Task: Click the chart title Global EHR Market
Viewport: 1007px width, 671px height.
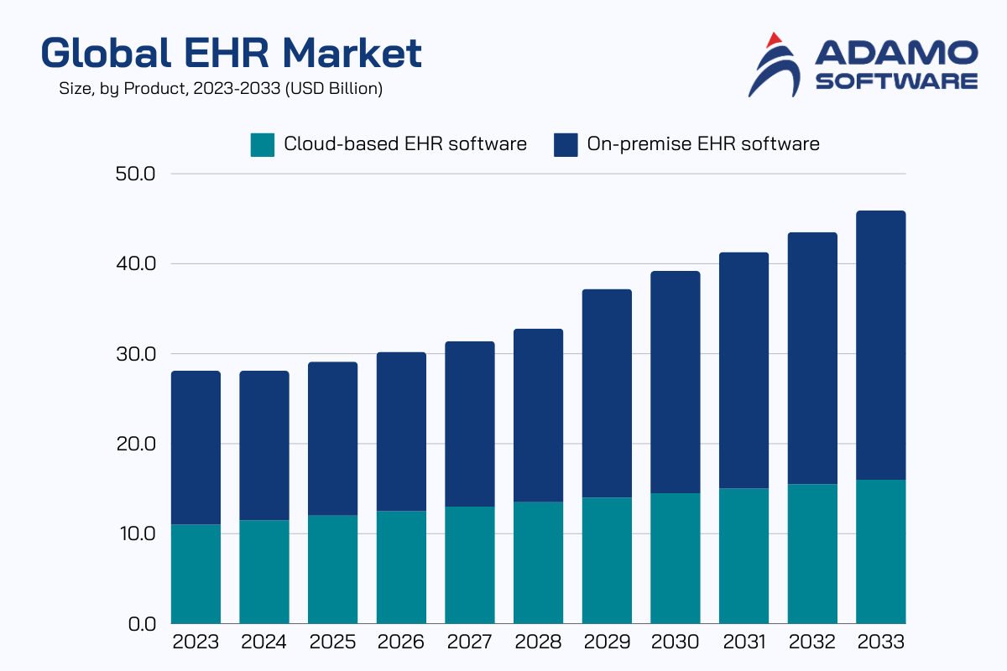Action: point(231,54)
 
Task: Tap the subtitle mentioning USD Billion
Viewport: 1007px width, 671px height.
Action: point(221,88)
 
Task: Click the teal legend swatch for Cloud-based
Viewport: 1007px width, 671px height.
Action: point(263,144)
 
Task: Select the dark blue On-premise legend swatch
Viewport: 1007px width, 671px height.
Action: point(566,144)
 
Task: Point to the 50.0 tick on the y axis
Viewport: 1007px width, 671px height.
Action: point(138,174)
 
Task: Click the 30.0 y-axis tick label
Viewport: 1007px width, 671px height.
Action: point(138,354)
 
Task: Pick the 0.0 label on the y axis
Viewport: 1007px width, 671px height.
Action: point(143,624)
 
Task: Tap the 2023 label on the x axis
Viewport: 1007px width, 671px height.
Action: point(196,643)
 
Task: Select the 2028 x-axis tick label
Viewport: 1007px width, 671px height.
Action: point(538,643)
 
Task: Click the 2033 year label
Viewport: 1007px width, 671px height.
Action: point(880,643)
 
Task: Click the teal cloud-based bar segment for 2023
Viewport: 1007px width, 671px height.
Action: point(196,574)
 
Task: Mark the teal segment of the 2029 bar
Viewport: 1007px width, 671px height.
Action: point(607,560)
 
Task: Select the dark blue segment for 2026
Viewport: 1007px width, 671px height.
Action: point(401,431)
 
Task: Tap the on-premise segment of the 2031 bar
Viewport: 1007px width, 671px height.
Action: point(744,370)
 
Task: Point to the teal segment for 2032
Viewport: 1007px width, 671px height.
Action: point(812,554)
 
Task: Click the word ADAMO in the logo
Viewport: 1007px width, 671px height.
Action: point(896,55)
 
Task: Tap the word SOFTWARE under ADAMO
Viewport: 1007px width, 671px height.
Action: point(896,81)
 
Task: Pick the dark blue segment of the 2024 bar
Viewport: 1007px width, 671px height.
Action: point(264,445)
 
